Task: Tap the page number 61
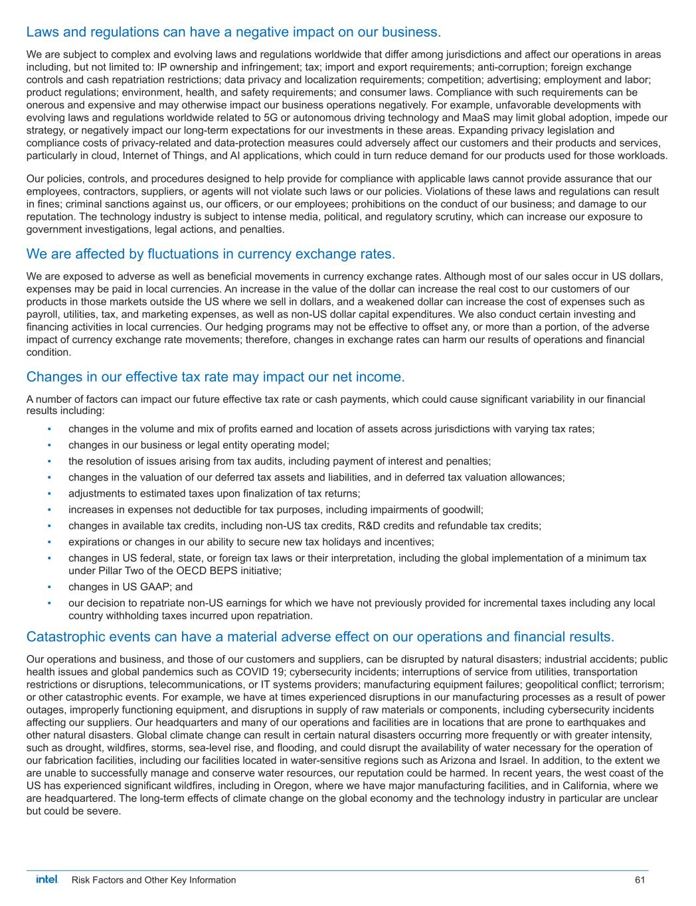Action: [x=640, y=880]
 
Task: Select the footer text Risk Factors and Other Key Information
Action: [x=153, y=880]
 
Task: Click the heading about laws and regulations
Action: [x=233, y=32]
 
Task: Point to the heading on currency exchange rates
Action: [x=211, y=254]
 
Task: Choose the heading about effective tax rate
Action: [x=215, y=377]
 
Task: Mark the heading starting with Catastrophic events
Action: [x=320, y=637]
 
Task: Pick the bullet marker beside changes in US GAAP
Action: [x=50, y=587]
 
